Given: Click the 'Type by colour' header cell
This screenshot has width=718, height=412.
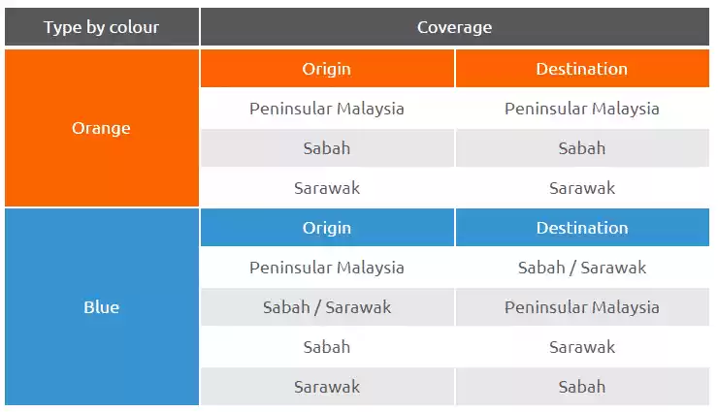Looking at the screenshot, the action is coord(102,27).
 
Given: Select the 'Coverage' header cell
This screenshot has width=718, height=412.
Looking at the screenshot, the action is coord(455,27).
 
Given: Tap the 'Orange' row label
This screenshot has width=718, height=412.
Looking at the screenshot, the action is coord(102,128).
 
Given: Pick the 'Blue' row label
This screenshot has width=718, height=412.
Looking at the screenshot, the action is coord(102,307).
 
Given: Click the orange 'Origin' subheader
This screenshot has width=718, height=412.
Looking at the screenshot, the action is coord(327,69).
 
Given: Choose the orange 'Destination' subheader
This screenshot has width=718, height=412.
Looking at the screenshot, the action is coord(582,69).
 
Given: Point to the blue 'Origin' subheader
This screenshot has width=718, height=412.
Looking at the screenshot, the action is coord(327,228).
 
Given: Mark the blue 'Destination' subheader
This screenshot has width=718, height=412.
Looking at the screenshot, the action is coord(582,228).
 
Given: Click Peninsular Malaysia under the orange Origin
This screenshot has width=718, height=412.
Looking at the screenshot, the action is coord(327,109).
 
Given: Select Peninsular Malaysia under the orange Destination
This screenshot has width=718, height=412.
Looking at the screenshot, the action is coord(582,109).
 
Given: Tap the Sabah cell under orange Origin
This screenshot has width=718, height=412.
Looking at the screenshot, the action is coord(327,148).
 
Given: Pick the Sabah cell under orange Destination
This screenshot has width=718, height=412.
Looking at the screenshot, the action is coord(582,148).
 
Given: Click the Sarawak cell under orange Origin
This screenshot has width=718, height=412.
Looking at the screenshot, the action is coord(327,188).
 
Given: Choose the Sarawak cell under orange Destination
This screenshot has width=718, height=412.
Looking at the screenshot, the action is coord(582,188).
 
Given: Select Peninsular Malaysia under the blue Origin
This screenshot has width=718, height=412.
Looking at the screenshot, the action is coord(327,268).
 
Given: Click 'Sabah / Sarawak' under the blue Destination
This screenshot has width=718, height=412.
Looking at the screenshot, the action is coord(582,268).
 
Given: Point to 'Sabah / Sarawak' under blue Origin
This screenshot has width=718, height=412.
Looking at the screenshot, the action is coord(327,307).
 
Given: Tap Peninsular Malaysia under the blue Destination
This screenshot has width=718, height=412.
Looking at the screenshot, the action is coord(582,307).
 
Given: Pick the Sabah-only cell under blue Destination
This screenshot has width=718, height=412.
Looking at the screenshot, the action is coord(582,387).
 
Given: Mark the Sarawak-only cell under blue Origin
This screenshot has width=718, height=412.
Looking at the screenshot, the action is coord(327,387).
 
